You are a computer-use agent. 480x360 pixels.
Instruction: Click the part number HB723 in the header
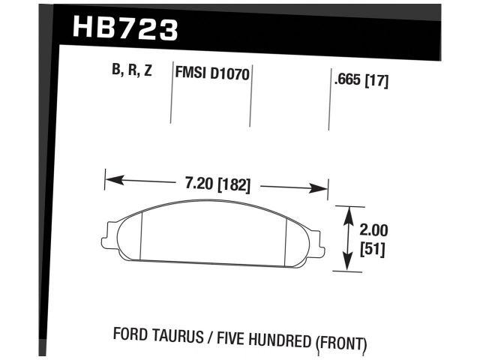point(125,28)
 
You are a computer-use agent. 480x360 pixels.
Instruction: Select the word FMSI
point(190,74)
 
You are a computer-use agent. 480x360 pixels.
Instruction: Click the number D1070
point(230,74)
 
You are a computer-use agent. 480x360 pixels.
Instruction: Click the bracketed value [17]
point(377,81)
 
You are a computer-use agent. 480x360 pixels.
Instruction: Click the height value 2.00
point(372,230)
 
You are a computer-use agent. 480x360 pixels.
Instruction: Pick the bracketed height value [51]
point(373,250)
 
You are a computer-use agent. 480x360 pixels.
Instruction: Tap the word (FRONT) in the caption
point(342,344)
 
